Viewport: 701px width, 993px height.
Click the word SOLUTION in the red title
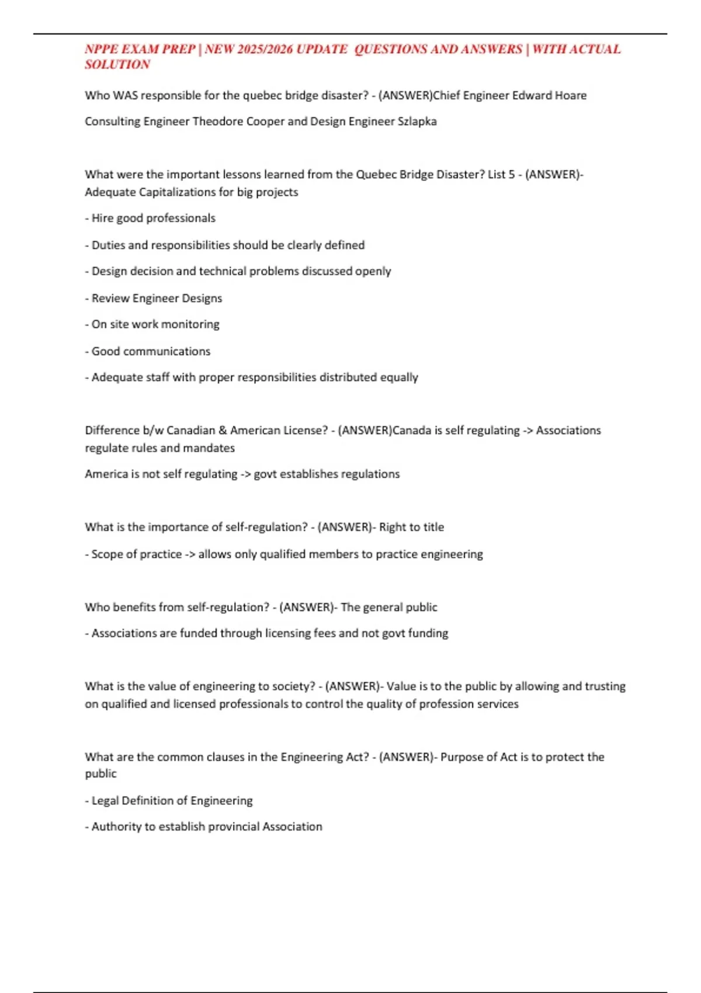[117, 65]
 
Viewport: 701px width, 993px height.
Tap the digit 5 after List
[511, 174]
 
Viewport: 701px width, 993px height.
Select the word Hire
[102, 218]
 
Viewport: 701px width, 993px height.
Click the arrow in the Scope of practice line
[190, 554]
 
